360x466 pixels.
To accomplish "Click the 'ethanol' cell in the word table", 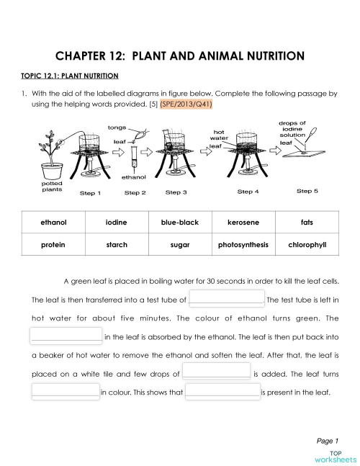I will point(53,223).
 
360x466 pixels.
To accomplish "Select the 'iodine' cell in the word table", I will point(116,223).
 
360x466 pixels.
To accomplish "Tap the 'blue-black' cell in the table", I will point(179,223).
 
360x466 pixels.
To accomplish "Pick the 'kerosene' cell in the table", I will point(243,223).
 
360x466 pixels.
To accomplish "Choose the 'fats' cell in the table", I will point(307,223).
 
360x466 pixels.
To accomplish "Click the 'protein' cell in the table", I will point(53,245).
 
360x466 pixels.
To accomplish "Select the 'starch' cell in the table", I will point(116,245).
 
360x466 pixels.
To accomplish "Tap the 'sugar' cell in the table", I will point(179,245).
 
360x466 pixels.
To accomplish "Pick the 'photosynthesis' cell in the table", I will point(243,245).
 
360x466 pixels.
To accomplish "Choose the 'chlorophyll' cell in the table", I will point(307,245).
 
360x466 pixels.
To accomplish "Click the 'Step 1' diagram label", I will point(90,193).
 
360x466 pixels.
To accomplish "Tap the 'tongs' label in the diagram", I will point(117,127).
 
